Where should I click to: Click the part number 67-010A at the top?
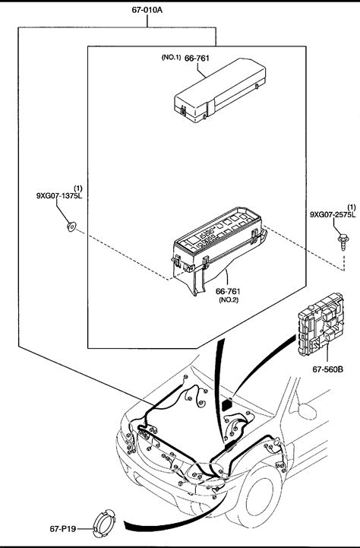point(147,10)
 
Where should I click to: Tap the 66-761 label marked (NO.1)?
point(197,58)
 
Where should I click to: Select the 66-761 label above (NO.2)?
point(228,291)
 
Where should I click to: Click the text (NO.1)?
point(171,57)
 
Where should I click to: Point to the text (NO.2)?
point(229,300)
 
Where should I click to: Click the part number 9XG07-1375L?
point(59,196)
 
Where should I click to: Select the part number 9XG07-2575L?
point(333,214)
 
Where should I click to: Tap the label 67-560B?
point(327,369)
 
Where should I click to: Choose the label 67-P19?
point(63,529)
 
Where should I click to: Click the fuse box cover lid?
point(220,90)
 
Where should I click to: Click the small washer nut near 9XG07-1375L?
point(71,226)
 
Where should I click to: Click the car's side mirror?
point(308,411)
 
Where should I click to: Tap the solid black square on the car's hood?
point(228,405)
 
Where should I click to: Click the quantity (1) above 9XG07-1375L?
point(78,188)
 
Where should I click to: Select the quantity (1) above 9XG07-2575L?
point(352,207)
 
